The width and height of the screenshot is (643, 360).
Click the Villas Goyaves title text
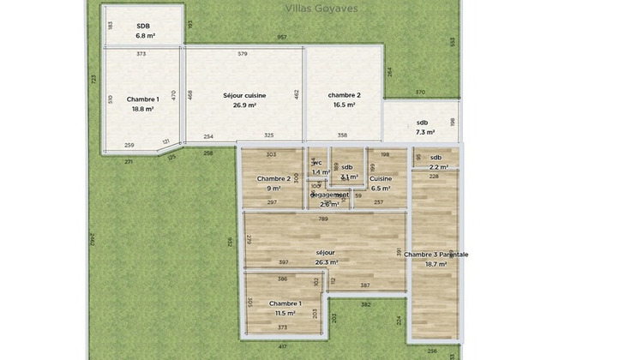point(321,9)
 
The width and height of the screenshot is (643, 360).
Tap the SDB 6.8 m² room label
point(143,31)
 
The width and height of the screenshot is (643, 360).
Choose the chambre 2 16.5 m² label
point(344,99)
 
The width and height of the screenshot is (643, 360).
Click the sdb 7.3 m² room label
point(425,127)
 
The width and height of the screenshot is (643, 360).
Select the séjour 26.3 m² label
point(326,257)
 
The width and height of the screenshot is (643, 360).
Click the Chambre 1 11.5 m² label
point(285,309)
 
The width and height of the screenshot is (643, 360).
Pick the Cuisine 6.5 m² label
point(380,183)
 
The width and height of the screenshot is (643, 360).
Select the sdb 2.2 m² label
point(436,162)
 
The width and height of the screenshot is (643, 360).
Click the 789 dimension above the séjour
point(324,219)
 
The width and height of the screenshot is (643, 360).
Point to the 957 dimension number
point(282,38)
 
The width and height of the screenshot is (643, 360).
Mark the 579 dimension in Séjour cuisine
point(243,54)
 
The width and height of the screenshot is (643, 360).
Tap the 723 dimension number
point(93,78)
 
